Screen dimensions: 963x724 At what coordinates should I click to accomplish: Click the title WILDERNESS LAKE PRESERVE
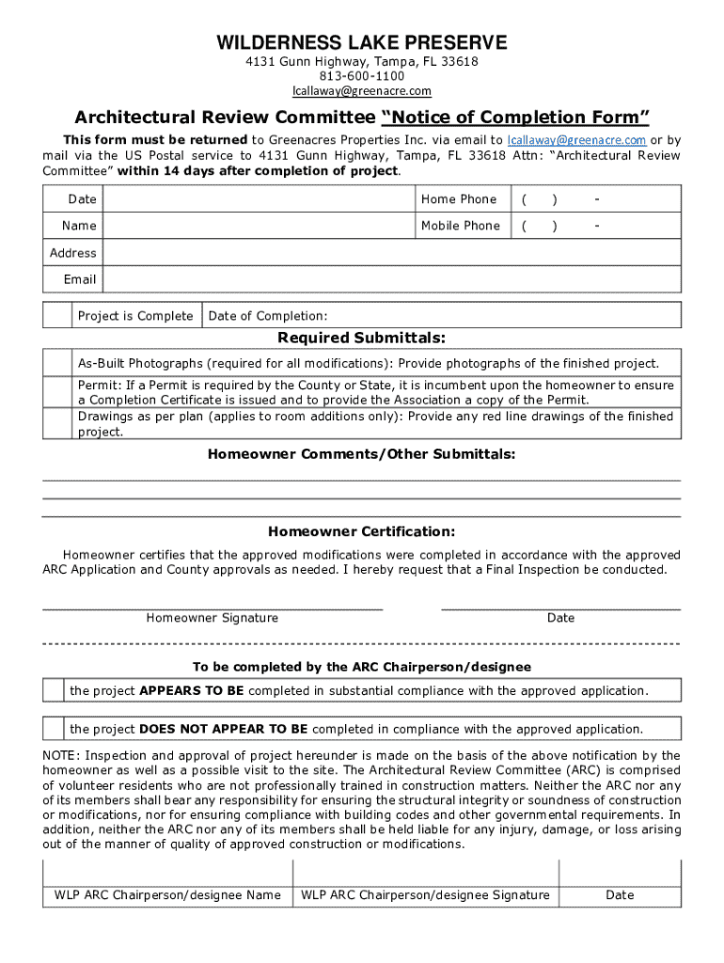tap(362, 42)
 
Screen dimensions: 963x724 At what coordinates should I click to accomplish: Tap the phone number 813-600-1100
tap(362, 75)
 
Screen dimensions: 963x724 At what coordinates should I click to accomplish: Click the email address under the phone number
tap(362, 90)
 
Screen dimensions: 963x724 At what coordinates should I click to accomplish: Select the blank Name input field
tap(258, 226)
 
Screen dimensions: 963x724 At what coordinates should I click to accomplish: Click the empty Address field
tap(389, 253)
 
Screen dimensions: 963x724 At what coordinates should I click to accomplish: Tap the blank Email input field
tap(389, 279)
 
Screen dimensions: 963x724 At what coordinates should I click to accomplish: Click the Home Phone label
tap(459, 199)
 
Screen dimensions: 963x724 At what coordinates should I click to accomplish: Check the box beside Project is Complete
tap(57, 316)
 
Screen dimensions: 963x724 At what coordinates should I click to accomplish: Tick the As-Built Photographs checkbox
tap(57, 363)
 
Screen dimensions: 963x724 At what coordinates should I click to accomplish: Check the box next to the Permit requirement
tap(57, 392)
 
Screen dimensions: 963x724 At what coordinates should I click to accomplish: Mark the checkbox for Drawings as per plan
tap(57, 424)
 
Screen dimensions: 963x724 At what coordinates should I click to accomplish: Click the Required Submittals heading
tap(362, 338)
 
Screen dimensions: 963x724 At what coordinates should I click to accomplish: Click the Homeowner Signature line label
tap(212, 618)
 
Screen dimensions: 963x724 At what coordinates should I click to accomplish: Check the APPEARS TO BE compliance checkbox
tap(54, 690)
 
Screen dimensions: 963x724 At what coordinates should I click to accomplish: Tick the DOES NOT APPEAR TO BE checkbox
tap(54, 729)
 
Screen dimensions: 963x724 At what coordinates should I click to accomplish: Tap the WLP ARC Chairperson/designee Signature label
tap(425, 895)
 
